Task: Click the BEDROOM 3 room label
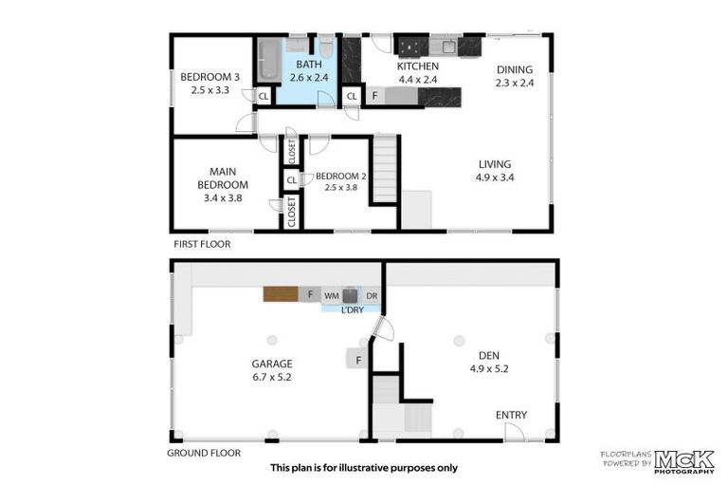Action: click(x=209, y=77)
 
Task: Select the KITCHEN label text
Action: click(x=417, y=66)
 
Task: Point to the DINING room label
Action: click(x=515, y=69)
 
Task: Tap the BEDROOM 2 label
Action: click(x=338, y=176)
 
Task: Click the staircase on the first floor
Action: click(x=384, y=169)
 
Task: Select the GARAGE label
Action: click(x=271, y=364)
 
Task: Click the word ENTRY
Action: click(x=512, y=415)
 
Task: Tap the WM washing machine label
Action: click(x=332, y=296)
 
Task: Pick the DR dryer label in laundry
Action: click(x=372, y=296)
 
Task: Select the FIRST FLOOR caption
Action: click(x=201, y=244)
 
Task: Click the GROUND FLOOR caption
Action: click(x=204, y=453)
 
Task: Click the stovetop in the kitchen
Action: click(x=411, y=46)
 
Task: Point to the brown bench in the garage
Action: click(x=281, y=294)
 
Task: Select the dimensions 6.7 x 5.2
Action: click(x=271, y=377)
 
